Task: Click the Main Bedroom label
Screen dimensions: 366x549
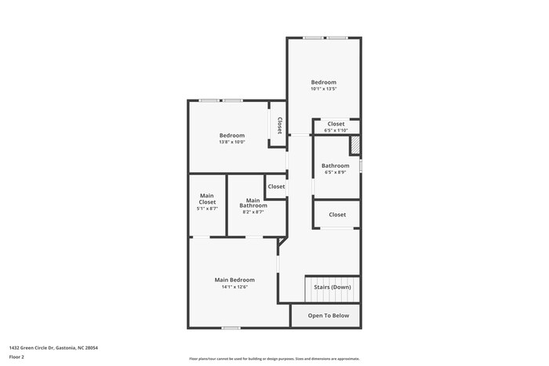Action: point(235,279)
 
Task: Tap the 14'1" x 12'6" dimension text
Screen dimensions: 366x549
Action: point(235,287)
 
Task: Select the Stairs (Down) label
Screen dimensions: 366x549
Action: point(333,287)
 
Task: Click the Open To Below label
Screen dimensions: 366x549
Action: point(328,316)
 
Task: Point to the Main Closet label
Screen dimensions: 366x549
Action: point(207,199)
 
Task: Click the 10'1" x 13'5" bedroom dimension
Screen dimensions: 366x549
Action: point(323,89)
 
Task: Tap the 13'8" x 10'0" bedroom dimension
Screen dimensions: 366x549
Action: point(231,142)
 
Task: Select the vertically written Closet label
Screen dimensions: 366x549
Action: point(278,125)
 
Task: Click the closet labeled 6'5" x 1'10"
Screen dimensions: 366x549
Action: point(336,124)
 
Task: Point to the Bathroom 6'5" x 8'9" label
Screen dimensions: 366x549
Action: point(335,165)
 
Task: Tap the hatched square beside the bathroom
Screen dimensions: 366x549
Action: point(355,146)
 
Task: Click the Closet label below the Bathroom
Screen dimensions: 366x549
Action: point(337,214)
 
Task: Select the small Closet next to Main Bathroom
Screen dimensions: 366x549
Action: point(276,187)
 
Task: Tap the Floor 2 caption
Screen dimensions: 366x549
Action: point(16,357)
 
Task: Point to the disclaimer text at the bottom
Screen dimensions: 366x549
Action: point(274,358)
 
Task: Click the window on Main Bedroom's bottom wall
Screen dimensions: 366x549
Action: point(231,328)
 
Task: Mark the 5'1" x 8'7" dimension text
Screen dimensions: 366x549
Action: point(207,209)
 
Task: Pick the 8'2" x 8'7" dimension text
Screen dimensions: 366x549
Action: point(253,212)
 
